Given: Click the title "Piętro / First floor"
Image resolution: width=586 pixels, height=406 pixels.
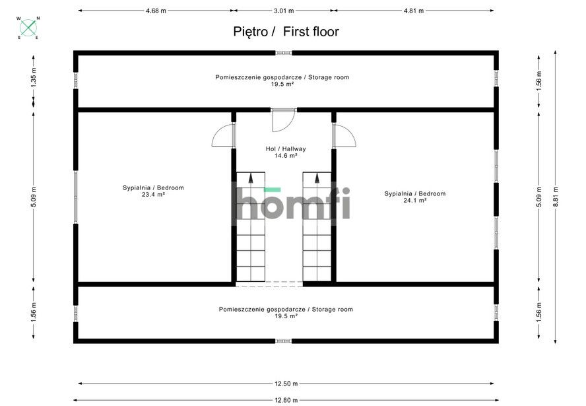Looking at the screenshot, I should tap(286, 31).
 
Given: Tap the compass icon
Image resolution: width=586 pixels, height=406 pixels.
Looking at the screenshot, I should tap(28, 28).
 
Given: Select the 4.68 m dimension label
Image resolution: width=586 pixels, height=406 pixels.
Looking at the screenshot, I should tap(156, 11).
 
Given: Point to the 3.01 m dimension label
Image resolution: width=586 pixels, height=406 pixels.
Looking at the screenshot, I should tap(284, 11).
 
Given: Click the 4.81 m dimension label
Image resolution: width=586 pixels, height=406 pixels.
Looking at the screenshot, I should tap(413, 11).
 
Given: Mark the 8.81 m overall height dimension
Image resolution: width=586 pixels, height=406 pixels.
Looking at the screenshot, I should tap(556, 195).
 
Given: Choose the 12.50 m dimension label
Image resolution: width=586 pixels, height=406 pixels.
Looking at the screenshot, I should tap(286, 384).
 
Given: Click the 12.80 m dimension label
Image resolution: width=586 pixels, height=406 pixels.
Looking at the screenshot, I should tap(286, 399).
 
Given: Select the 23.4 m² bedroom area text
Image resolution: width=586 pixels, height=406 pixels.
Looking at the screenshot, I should tap(153, 195).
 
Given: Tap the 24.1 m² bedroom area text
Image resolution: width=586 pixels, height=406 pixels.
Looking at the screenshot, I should tap(415, 200).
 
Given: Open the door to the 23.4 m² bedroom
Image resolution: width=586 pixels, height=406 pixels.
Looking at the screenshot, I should tap(224, 135).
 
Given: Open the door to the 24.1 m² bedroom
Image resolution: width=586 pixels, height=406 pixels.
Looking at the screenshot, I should tap(344, 135).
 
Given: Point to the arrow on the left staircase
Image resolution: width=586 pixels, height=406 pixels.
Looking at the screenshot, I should tap(251, 178).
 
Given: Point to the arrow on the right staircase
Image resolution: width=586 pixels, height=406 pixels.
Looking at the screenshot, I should tap(317, 178).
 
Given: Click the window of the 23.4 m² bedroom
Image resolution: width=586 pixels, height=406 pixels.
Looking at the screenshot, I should tap(76, 197).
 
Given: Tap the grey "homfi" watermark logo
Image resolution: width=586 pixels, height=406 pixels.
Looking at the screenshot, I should tap(290, 203).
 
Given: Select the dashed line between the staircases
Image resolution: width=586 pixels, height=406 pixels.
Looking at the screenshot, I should tap(269, 284).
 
